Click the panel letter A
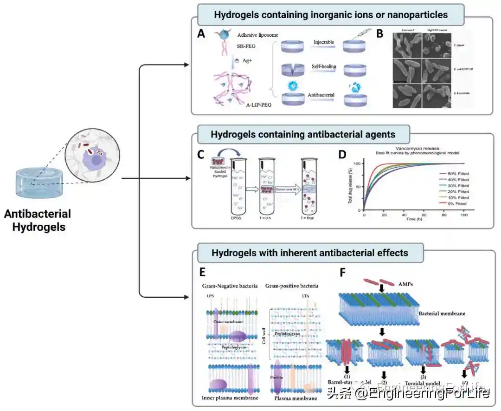coord(201,34)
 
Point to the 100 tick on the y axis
coord(357,163)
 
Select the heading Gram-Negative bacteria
coord(230,286)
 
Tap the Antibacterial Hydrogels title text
coord(38,221)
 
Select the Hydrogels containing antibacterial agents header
coord(303,135)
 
